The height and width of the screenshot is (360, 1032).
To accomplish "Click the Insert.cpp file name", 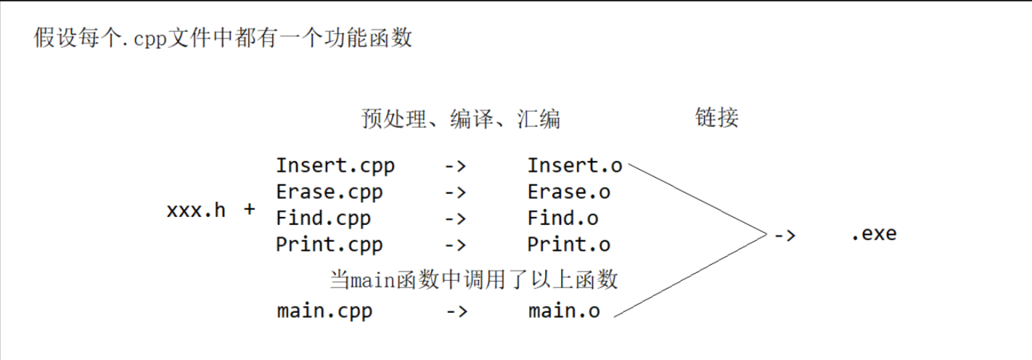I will click(335, 165).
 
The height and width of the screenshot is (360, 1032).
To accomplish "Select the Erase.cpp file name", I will click(329, 192).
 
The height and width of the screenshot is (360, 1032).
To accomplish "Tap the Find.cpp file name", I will click(323, 218).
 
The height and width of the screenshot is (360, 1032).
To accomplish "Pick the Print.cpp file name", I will click(329, 245).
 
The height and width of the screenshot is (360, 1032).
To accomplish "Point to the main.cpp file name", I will click(324, 311).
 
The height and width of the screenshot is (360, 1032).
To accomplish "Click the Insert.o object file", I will click(575, 165).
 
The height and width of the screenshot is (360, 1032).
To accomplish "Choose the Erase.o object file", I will click(569, 192).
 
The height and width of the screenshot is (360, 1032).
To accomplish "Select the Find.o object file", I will click(563, 218).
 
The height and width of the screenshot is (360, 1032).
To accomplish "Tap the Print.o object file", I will click(569, 245).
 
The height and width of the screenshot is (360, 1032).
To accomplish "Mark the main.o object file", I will click(565, 311).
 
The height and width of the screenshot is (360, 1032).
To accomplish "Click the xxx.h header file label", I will click(196, 210).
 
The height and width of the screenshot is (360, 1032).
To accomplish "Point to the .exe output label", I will click(874, 234).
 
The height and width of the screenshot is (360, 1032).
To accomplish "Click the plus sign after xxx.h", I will click(250, 210).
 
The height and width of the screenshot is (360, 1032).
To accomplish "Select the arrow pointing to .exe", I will click(785, 234).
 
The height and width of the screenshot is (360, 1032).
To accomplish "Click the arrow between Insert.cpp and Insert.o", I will click(455, 166).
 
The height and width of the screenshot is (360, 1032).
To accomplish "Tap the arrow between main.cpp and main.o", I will click(456, 311).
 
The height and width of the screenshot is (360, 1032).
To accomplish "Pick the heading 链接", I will click(716, 118).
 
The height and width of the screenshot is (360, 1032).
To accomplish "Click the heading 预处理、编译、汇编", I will click(461, 118).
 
